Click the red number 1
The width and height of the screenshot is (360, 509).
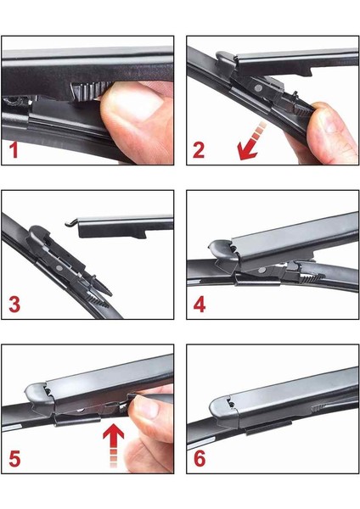click(14, 150)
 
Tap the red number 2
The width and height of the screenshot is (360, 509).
click(199, 150)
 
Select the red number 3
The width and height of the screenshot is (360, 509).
click(14, 305)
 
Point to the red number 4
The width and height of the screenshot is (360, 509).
click(200, 305)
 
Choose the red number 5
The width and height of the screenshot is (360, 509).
click(14, 459)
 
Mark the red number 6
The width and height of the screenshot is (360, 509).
click(200, 459)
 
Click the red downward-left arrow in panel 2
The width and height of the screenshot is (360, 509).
click(250, 142)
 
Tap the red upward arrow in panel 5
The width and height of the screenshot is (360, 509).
click(114, 447)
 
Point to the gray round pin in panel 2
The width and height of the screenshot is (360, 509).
click(258, 88)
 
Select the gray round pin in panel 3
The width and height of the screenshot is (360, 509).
click(59, 268)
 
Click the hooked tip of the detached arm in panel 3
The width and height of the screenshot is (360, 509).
click(69, 223)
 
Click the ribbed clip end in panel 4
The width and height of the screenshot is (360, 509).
click(312, 278)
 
